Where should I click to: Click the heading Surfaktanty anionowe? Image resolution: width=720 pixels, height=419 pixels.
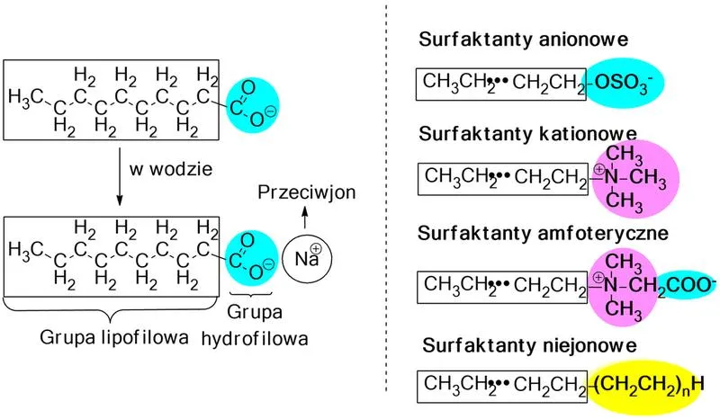point(523,40)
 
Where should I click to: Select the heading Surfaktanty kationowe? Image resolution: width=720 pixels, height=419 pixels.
point(527,134)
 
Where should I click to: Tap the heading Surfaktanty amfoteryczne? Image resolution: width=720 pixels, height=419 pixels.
point(543,234)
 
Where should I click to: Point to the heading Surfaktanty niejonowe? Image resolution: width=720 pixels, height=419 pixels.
point(529,345)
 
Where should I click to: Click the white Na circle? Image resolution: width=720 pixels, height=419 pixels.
point(307,258)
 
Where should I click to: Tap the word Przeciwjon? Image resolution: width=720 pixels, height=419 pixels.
point(307,192)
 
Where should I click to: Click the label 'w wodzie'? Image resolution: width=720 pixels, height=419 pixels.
point(171,169)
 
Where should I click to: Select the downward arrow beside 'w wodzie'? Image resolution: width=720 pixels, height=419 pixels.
point(120,177)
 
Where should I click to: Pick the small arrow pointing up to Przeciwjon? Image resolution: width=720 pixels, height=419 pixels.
point(304,217)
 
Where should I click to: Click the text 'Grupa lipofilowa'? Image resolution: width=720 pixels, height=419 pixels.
point(114,337)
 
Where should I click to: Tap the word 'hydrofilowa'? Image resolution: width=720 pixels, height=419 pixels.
point(255,339)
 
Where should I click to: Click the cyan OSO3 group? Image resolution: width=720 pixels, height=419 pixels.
point(623,84)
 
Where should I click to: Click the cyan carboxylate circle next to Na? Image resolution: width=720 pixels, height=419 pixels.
point(252,258)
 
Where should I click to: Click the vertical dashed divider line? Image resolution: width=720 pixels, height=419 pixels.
point(386,197)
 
